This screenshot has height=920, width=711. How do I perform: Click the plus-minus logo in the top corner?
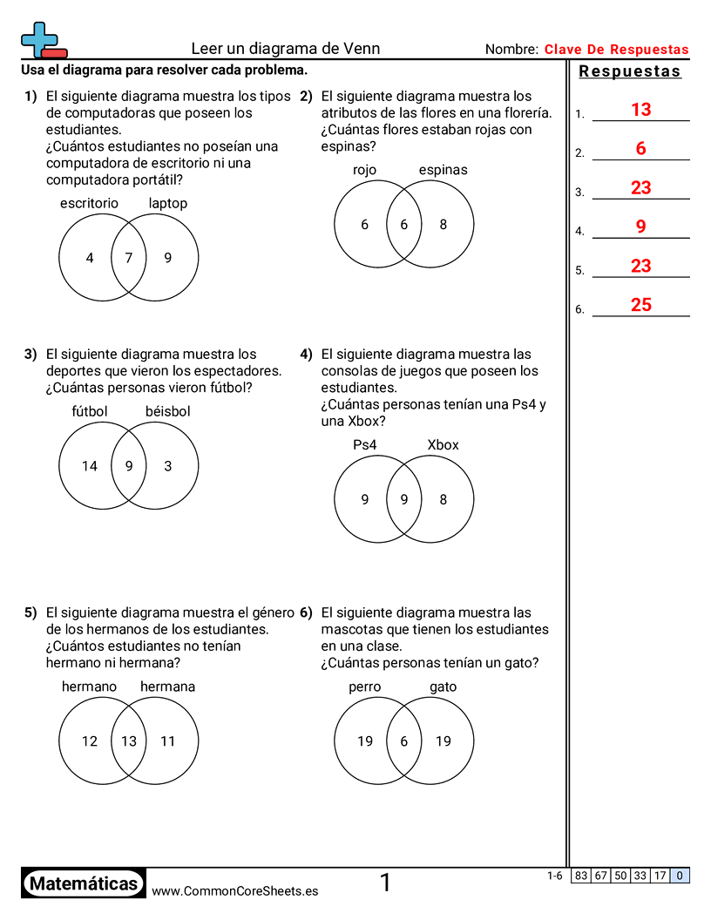coord(43,40)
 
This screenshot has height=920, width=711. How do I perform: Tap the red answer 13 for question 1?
coord(641,110)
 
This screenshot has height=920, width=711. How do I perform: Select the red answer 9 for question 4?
coord(641,227)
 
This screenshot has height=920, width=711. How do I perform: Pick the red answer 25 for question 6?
coord(641,305)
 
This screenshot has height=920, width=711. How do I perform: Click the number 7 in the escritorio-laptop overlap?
coord(129,258)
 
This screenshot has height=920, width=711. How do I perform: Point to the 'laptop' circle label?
coord(168,204)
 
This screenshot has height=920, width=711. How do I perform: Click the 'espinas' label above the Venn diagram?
coord(443,170)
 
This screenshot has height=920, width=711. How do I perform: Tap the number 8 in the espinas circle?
coord(443,225)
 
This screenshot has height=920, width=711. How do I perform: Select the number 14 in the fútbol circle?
coord(90,466)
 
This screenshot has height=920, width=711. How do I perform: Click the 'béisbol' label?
coord(168,411)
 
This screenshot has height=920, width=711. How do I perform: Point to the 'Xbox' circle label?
coord(443,445)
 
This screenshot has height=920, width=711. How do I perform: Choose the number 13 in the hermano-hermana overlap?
coord(129,741)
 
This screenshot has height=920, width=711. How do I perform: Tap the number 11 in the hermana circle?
coord(168,741)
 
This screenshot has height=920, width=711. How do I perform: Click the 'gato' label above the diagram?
coord(443,687)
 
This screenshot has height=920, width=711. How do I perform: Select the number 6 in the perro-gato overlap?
coord(403,741)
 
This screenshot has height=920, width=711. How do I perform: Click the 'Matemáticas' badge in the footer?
coord(84,883)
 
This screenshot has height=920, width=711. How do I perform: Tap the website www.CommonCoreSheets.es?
coord(234,891)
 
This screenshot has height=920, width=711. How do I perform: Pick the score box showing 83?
coord(581,876)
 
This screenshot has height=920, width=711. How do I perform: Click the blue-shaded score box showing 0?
coord(680,876)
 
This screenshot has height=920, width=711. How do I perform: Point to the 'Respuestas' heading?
coord(630,71)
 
